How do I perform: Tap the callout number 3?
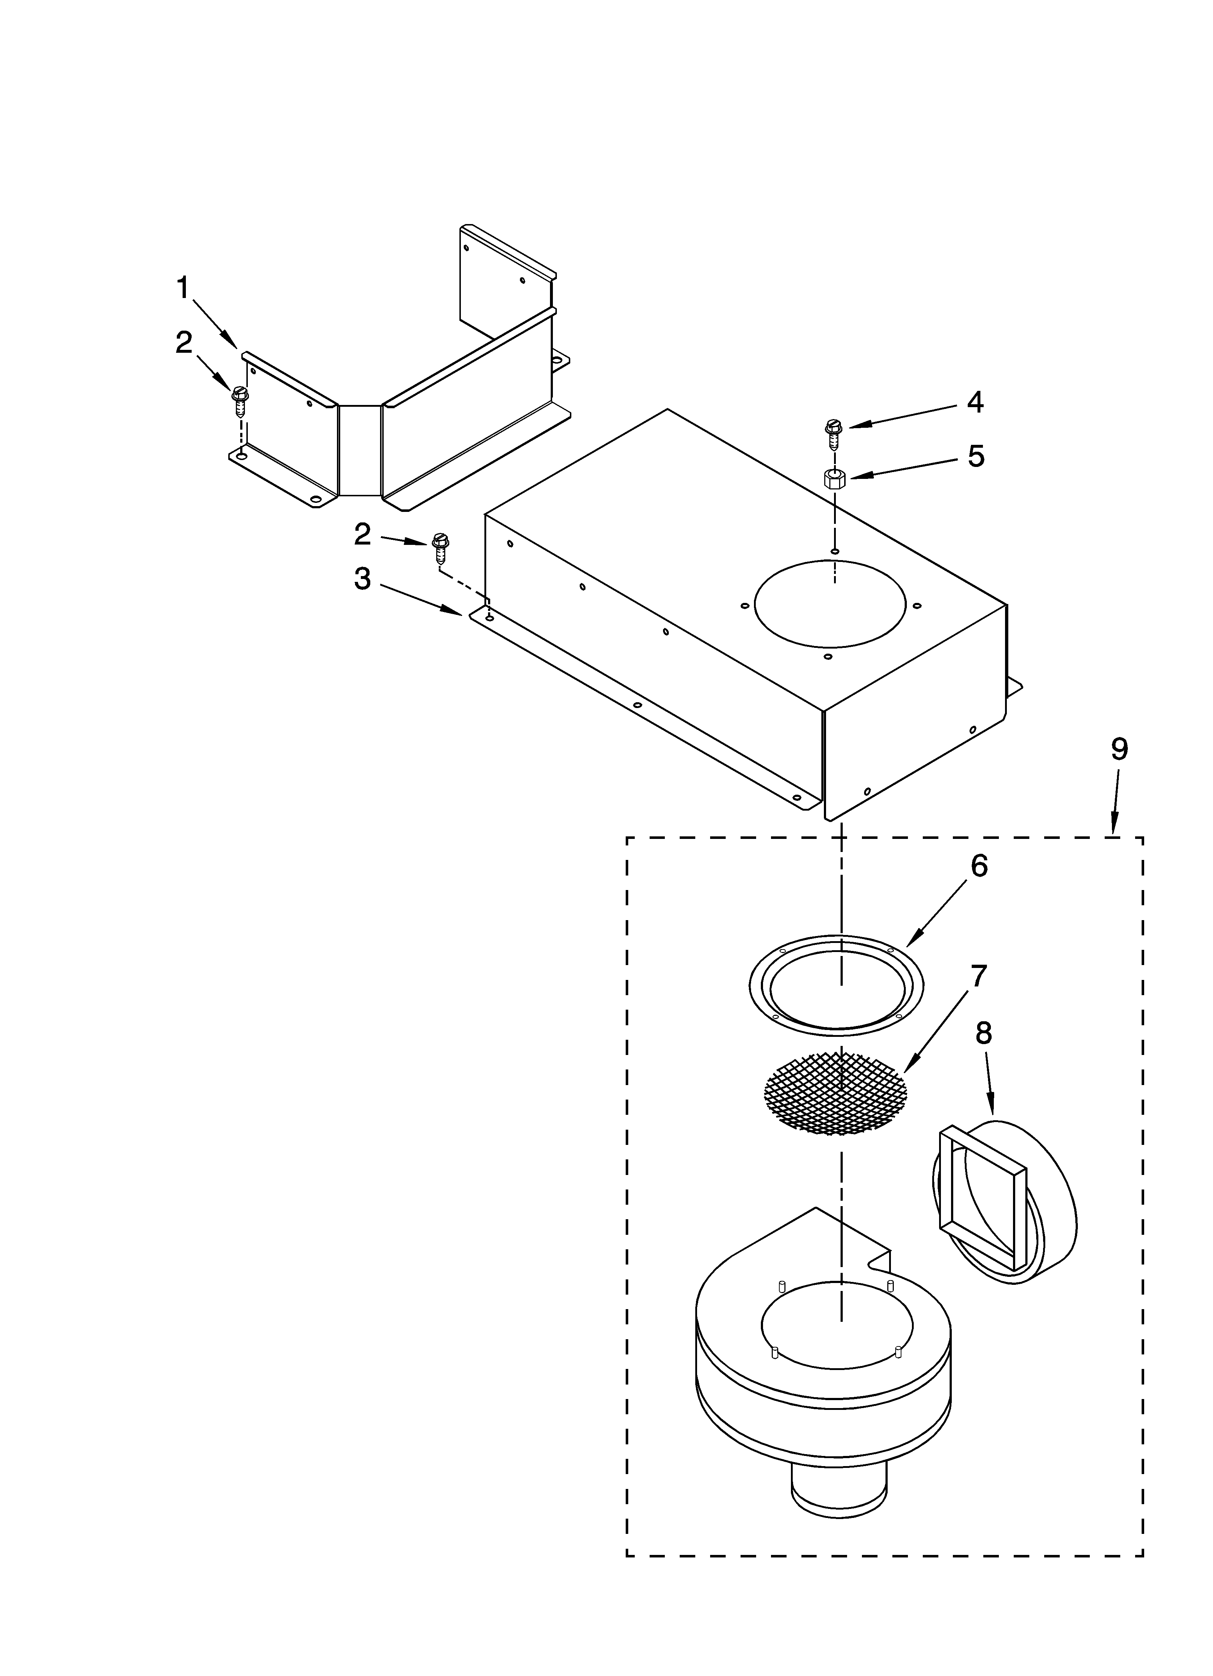coord(362,579)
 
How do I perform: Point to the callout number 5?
coord(976,457)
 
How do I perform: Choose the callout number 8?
coord(983,1033)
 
